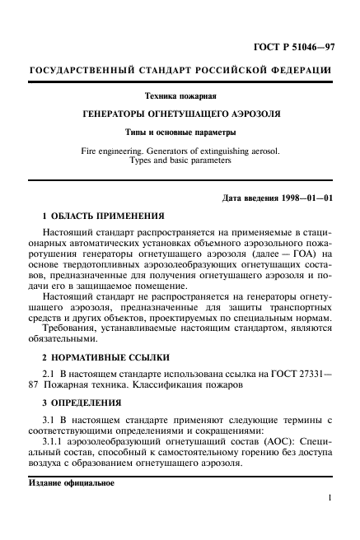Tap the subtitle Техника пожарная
(x=180, y=97)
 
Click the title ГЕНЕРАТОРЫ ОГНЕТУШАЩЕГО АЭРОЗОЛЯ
(x=180, y=114)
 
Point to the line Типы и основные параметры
(x=180, y=132)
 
